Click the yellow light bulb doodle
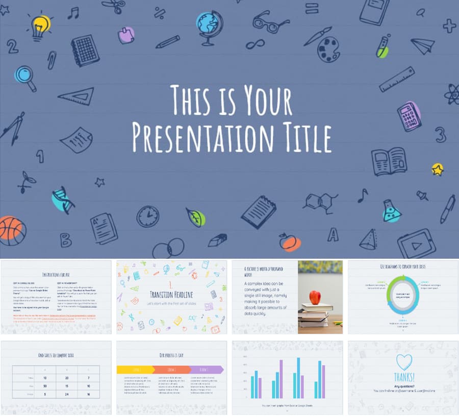(x=41, y=26)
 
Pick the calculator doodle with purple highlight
(x=410, y=116)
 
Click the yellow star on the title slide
(x=438, y=169)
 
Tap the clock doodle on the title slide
(x=147, y=216)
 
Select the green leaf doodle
(x=196, y=217)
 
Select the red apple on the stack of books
(x=315, y=297)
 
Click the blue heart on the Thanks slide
(x=404, y=362)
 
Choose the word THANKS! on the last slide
(x=404, y=378)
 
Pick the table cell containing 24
(x=67, y=394)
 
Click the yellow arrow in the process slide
(x=136, y=370)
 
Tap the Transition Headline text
(x=171, y=294)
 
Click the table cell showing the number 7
(x=89, y=378)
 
